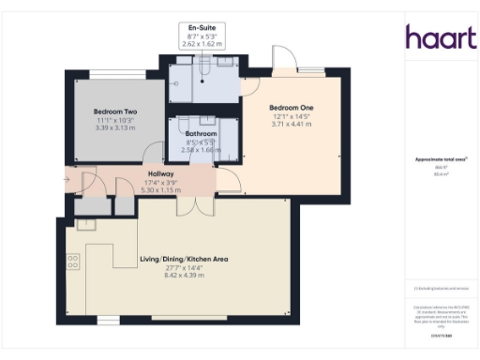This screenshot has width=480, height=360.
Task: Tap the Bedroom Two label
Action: coord(116,112)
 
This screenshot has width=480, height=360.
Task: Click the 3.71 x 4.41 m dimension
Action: coord(292,124)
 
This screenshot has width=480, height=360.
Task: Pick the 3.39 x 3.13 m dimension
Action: coord(116,127)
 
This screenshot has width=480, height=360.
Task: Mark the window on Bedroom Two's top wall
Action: coord(117,73)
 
